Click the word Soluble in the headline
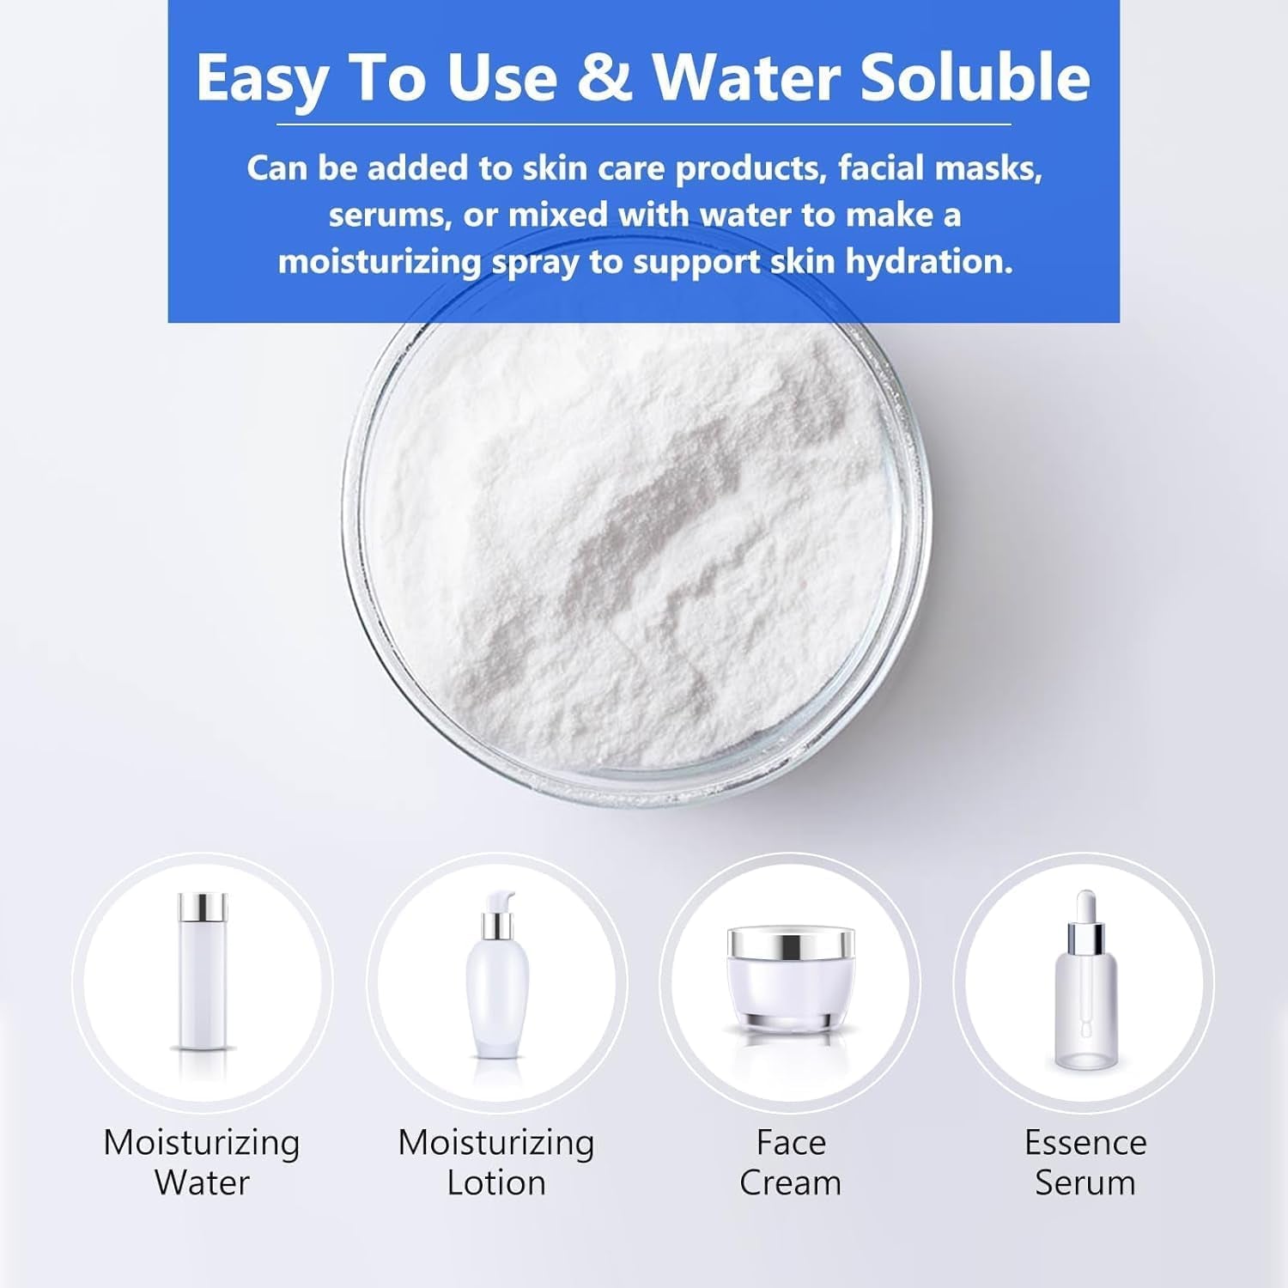pyautogui.click(x=975, y=77)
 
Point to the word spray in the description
pyautogui.click(x=535, y=262)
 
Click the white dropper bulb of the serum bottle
pyautogui.click(x=1085, y=904)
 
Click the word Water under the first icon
pyautogui.click(x=203, y=1183)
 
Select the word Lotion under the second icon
pyautogui.click(x=496, y=1183)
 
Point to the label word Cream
pyautogui.click(x=791, y=1183)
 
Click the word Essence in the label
pyautogui.click(x=1085, y=1143)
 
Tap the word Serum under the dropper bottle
pyautogui.click(x=1085, y=1183)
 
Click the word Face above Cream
pyautogui.click(x=791, y=1143)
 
